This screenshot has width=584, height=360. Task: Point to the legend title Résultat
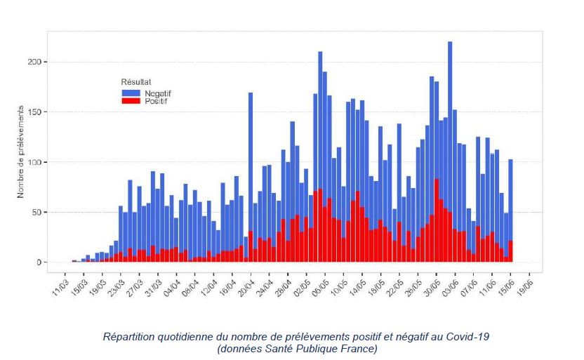pyautogui.click(x=135, y=82)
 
